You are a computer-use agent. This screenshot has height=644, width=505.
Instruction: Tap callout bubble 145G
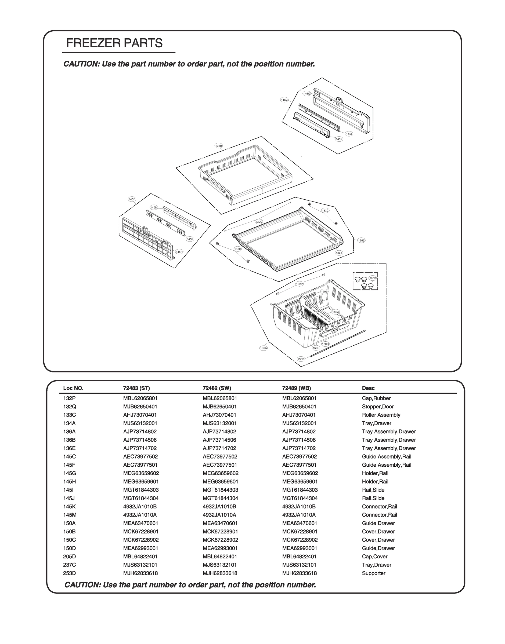click(306, 94)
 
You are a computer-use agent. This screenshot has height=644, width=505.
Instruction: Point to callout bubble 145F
click(132, 199)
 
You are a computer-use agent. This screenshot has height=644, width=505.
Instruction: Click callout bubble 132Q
click(259, 222)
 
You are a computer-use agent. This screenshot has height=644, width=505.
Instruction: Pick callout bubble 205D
click(373, 278)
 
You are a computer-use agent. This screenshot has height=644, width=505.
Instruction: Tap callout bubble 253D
click(301, 359)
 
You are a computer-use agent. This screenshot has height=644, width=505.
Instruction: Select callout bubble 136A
click(264, 348)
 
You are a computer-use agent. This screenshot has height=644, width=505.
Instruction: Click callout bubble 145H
click(179, 252)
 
